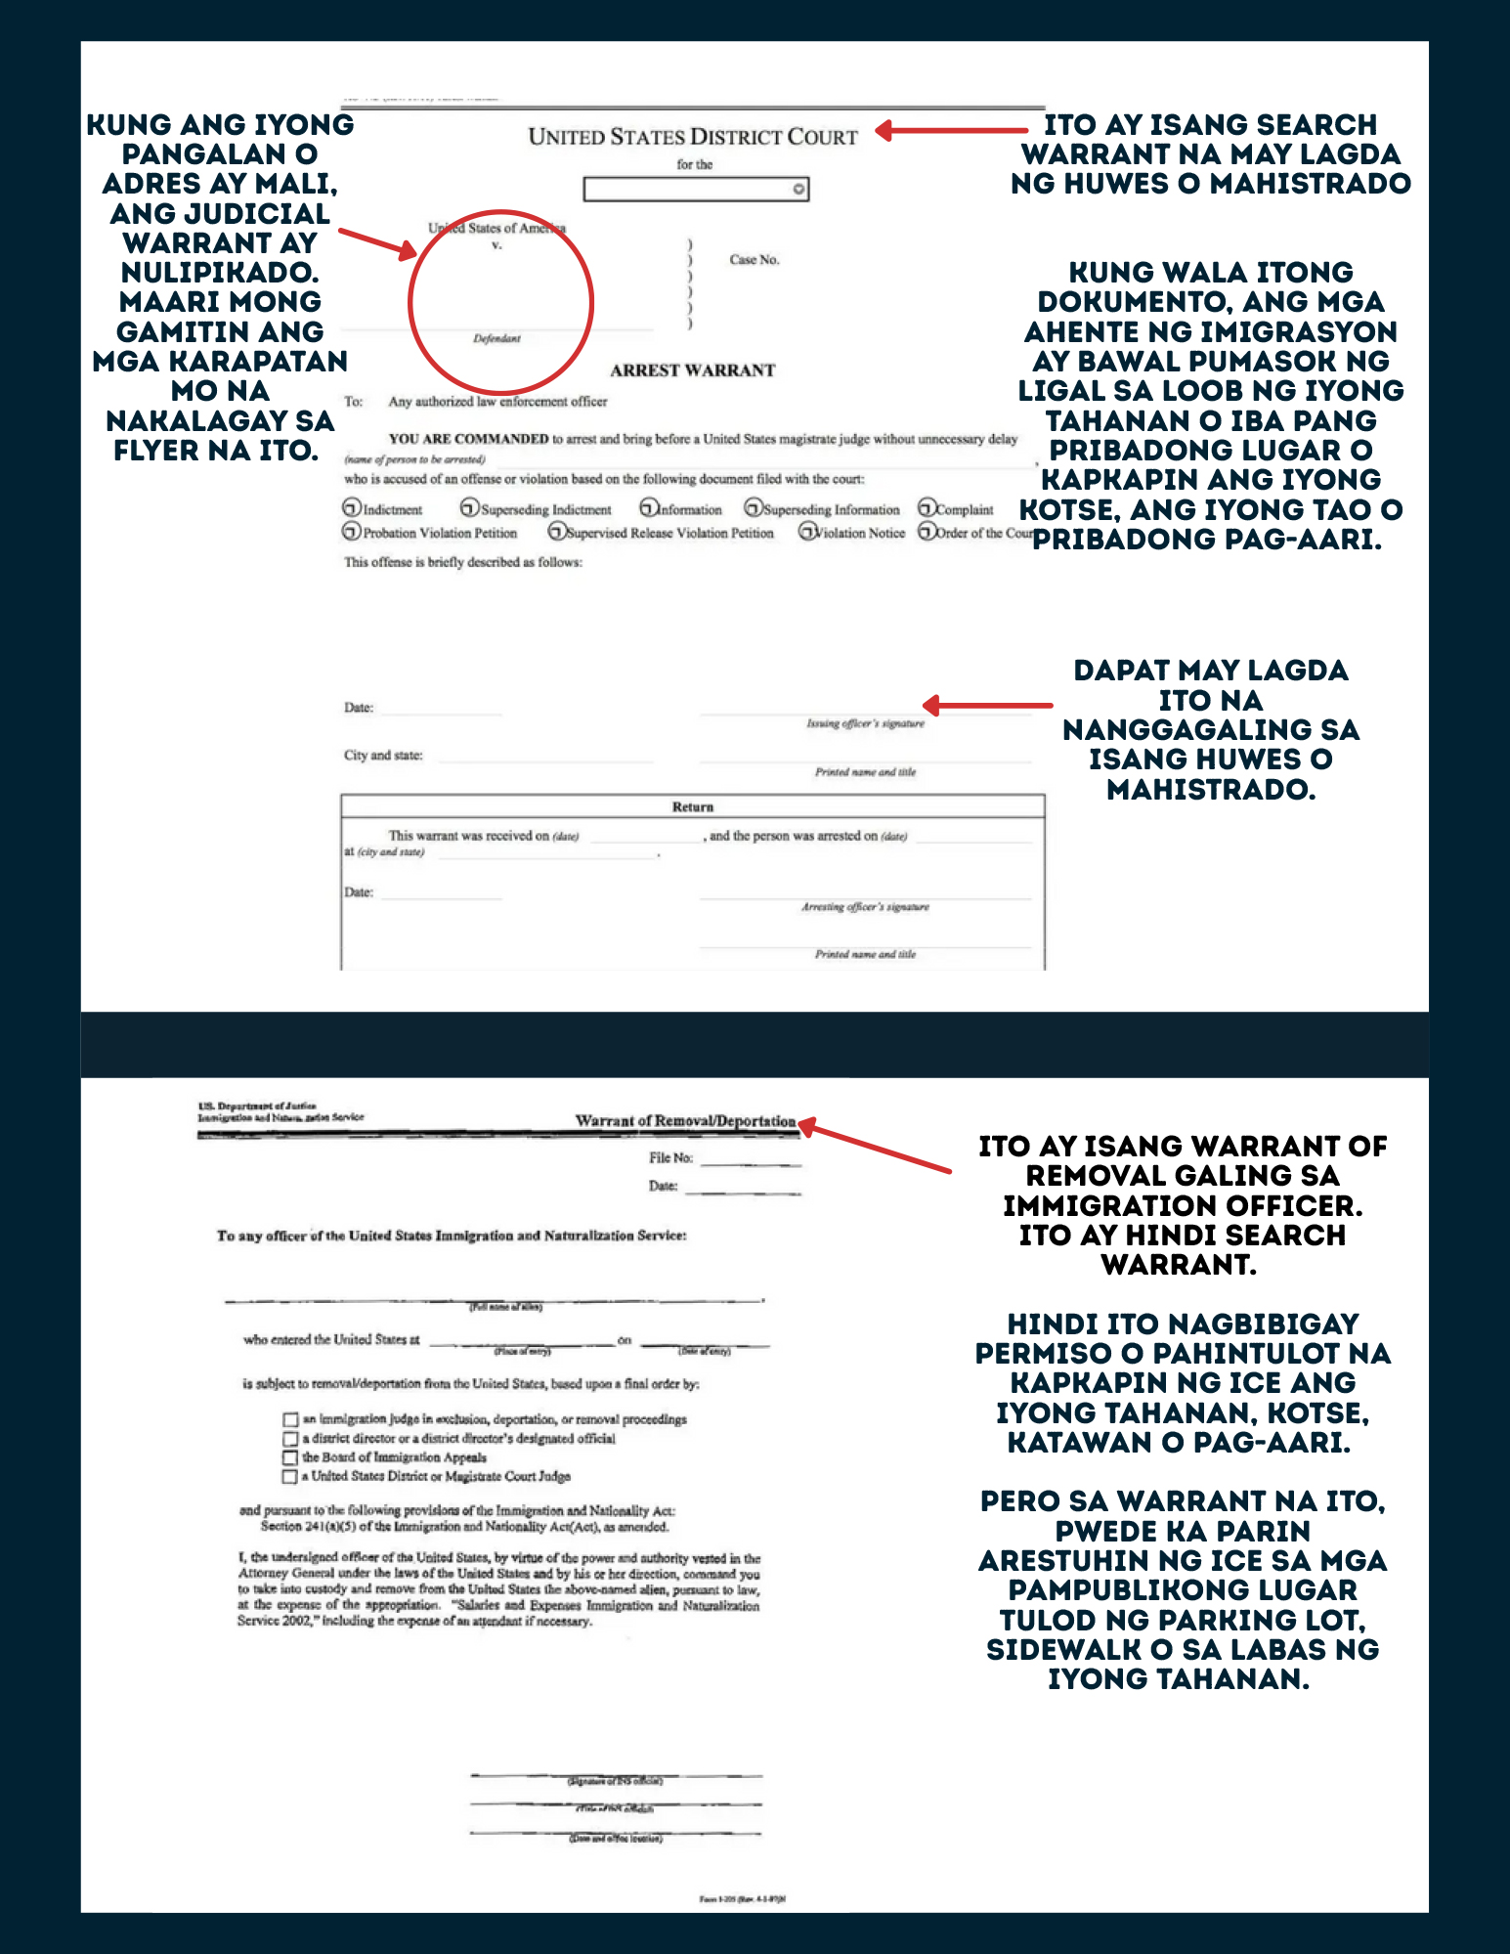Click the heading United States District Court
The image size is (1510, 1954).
(692, 137)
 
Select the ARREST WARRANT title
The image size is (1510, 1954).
(692, 370)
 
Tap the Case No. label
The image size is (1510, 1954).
(754, 260)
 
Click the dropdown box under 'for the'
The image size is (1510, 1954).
(695, 189)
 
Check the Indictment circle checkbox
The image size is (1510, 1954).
(352, 508)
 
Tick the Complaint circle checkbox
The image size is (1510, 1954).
(927, 508)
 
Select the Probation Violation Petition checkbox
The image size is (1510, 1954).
(352, 532)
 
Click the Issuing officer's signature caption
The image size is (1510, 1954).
(865, 723)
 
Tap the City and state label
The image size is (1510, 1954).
(383, 756)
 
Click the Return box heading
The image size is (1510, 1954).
(692, 807)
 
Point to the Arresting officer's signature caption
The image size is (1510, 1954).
(865, 907)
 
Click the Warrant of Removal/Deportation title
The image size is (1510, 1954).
(685, 1121)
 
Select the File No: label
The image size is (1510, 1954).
(670, 1158)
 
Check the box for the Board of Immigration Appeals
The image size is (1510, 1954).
(289, 1458)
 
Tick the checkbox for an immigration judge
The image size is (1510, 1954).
(289, 1419)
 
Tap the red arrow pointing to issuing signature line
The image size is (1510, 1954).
(987, 705)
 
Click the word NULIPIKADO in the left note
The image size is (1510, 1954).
(220, 272)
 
